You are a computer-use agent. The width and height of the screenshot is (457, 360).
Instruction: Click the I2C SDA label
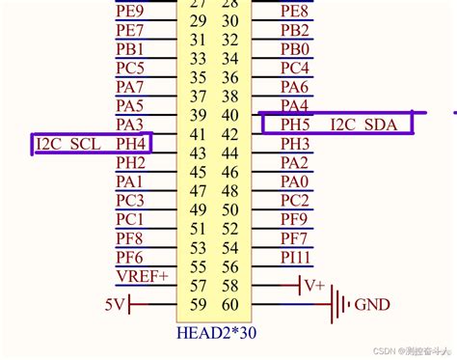point(363,125)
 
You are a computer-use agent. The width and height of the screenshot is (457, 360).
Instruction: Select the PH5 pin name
point(295,125)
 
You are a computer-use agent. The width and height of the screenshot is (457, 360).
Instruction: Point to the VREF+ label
point(142,276)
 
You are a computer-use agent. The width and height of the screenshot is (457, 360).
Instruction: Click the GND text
point(372,305)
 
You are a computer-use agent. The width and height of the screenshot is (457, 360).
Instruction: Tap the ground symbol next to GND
point(337,305)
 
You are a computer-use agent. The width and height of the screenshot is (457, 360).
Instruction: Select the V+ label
point(314,286)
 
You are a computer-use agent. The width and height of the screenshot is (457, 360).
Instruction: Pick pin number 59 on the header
point(199,304)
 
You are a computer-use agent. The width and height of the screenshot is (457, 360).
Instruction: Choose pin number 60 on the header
point(229,304)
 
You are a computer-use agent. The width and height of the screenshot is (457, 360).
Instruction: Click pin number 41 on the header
point(199,134)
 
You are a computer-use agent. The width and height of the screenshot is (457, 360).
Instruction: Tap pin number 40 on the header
point(229,115)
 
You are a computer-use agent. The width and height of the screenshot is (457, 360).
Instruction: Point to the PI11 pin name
point(296,258)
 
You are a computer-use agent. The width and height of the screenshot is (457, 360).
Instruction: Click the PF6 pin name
point(129,258)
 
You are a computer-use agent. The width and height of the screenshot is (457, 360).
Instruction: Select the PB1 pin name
point(129,49)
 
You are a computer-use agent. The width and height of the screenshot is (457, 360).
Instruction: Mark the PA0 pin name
point(295,181)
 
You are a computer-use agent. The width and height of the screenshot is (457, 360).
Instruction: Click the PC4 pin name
point(295,69)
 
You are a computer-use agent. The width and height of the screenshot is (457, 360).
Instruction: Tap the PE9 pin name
point(129,12)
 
